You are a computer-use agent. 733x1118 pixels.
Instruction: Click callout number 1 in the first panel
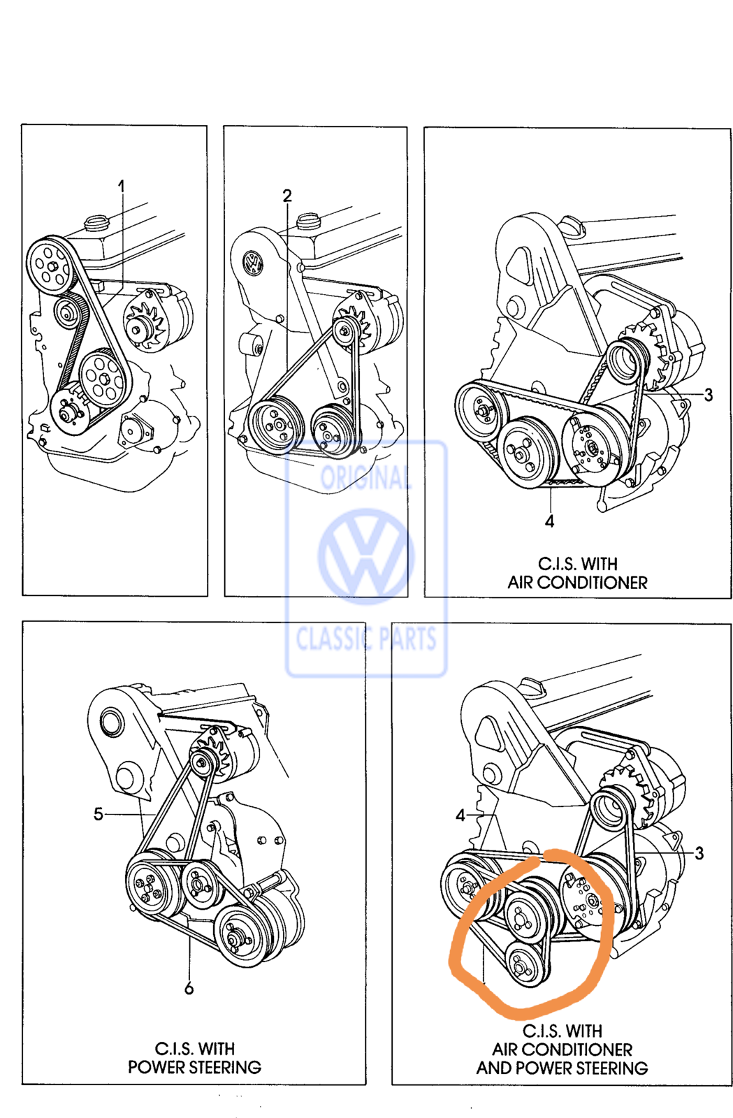121,187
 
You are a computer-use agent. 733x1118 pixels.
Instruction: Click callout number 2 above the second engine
287,195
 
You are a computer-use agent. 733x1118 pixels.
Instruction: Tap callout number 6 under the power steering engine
189,988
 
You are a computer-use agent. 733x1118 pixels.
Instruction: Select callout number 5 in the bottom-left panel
99,814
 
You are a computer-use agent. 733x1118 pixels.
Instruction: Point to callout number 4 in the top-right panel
549,521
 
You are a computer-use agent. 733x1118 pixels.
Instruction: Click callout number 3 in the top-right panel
708,395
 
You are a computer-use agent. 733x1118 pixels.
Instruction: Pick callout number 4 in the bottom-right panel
460,815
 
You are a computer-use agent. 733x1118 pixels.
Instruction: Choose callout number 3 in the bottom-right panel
699,853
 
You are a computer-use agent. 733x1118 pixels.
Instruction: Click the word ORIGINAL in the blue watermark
365,478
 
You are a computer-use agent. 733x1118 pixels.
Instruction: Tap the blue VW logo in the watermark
365,556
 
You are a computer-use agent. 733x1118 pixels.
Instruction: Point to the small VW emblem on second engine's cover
254,262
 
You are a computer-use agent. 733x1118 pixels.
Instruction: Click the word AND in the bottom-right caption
494,1068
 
